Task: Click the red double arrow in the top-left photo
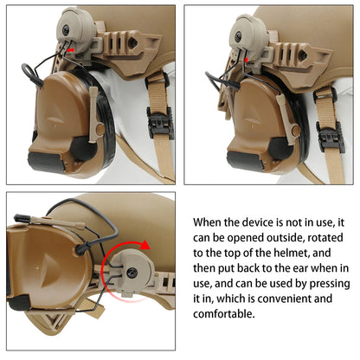tap(71, 50)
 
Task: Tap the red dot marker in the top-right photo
tap(246, 61)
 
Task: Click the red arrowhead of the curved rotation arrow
tap(145, 246)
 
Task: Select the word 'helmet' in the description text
tap(292, 253)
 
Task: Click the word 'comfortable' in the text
tap(223, 314)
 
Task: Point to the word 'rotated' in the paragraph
tap(325, 238)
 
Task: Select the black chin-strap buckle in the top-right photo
tap(331, 137)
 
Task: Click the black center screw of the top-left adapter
tap(66, 29)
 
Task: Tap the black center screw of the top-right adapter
tap(239, 36)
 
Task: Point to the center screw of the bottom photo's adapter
tap(133, 273)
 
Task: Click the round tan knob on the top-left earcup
tap(100, 129)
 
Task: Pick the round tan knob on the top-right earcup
tap(296, 131)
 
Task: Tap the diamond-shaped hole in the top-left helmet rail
tap(133, 42)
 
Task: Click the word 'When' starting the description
tap(208, 222)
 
